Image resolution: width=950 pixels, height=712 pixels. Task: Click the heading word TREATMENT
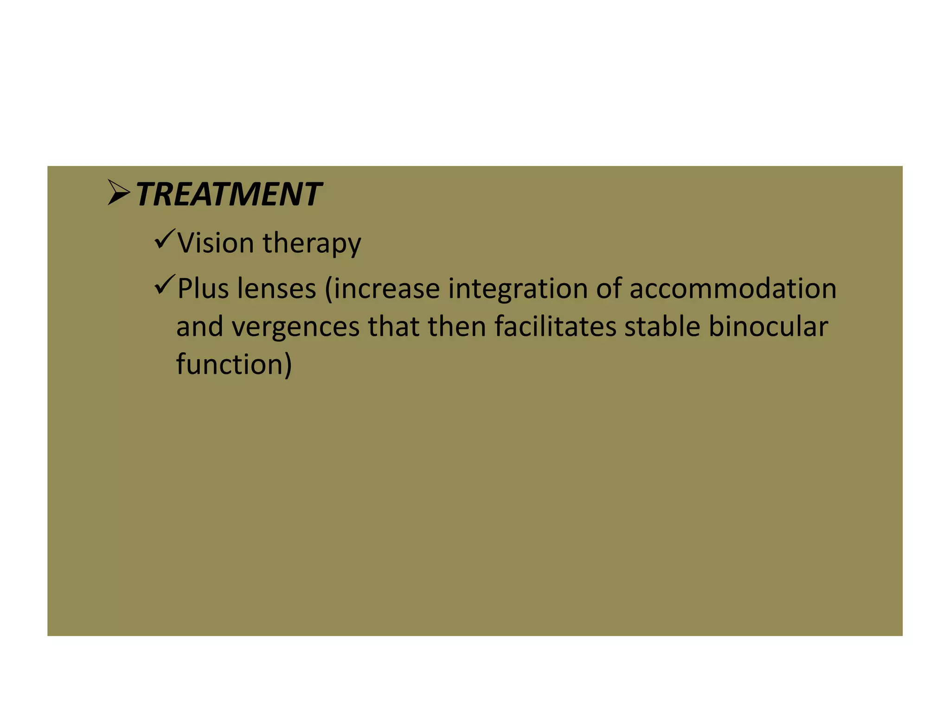[228, 194]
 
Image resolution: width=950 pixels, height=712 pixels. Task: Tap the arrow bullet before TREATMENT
[118, 192]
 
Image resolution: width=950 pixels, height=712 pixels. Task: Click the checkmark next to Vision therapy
[165, 239]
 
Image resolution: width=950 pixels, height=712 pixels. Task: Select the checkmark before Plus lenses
[165, 284]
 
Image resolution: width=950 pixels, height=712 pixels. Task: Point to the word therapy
[312, 243]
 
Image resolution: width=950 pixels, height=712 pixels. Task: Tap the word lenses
[276, 288]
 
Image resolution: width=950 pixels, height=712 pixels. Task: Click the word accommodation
[733, 288]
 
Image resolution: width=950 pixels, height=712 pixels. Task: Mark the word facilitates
[555, 326]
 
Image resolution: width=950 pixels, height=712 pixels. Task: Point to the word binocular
[768, 326]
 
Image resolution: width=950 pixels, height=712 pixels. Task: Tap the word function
[229, 364]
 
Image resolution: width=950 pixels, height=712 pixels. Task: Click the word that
[394, 326]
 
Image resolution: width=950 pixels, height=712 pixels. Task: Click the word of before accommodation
[609, 288]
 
